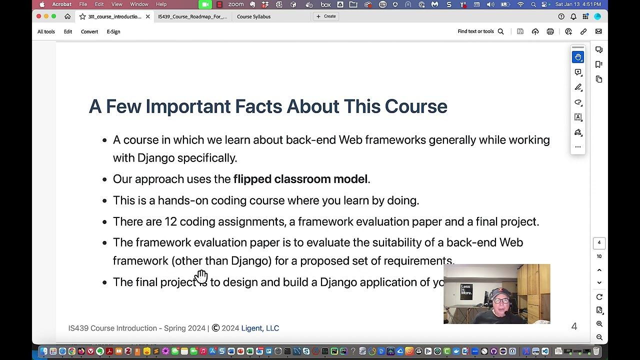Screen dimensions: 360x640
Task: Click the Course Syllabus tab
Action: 253,16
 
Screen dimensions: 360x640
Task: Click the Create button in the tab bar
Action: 326,16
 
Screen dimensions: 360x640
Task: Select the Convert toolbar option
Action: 89,31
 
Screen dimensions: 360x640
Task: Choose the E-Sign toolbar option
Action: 113,31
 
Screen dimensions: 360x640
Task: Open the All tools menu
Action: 46,31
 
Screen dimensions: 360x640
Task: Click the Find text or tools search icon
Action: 500,31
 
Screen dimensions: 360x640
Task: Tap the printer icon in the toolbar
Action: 550,31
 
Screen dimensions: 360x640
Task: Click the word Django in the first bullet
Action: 155,158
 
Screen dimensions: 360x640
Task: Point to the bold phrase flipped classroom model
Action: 300,179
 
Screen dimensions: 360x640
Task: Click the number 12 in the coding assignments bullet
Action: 170,221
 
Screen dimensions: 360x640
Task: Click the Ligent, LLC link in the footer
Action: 260,328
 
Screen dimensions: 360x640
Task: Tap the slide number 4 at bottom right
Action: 574,326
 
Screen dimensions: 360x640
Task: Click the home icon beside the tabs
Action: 67,16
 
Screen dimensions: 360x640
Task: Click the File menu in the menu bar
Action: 83,4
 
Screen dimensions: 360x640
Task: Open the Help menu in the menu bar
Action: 161,4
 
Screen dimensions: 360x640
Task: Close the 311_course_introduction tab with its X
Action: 147,16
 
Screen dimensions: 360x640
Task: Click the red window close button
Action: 38,16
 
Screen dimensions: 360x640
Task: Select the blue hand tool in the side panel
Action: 578,57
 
